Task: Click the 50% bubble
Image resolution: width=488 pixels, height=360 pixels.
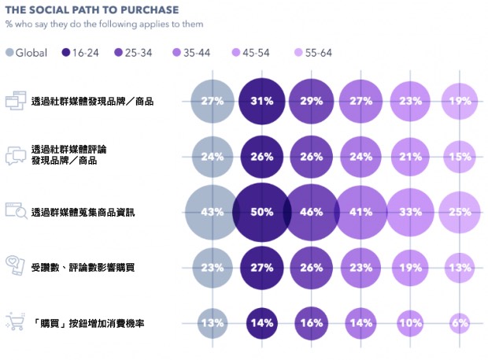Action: tap(263, 212)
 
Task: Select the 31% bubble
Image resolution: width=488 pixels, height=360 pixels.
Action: tap(263, 101)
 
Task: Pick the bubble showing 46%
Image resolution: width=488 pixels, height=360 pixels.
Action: tap(312, 212)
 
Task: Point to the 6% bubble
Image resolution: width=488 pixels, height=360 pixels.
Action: tap(460, 323)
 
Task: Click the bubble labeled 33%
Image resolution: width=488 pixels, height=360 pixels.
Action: tap(410, 212)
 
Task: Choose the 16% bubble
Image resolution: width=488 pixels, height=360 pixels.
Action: tap(312, 323)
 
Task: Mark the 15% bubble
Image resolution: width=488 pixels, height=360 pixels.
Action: tap(460, 156)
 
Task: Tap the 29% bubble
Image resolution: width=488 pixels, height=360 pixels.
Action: tap(312, 101)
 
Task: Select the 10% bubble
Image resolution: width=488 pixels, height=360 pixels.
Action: tap(410, 323)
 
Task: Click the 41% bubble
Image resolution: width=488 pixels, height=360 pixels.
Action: tap(361, 212)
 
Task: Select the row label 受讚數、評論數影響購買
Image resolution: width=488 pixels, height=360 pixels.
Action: tap(83, 268)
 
